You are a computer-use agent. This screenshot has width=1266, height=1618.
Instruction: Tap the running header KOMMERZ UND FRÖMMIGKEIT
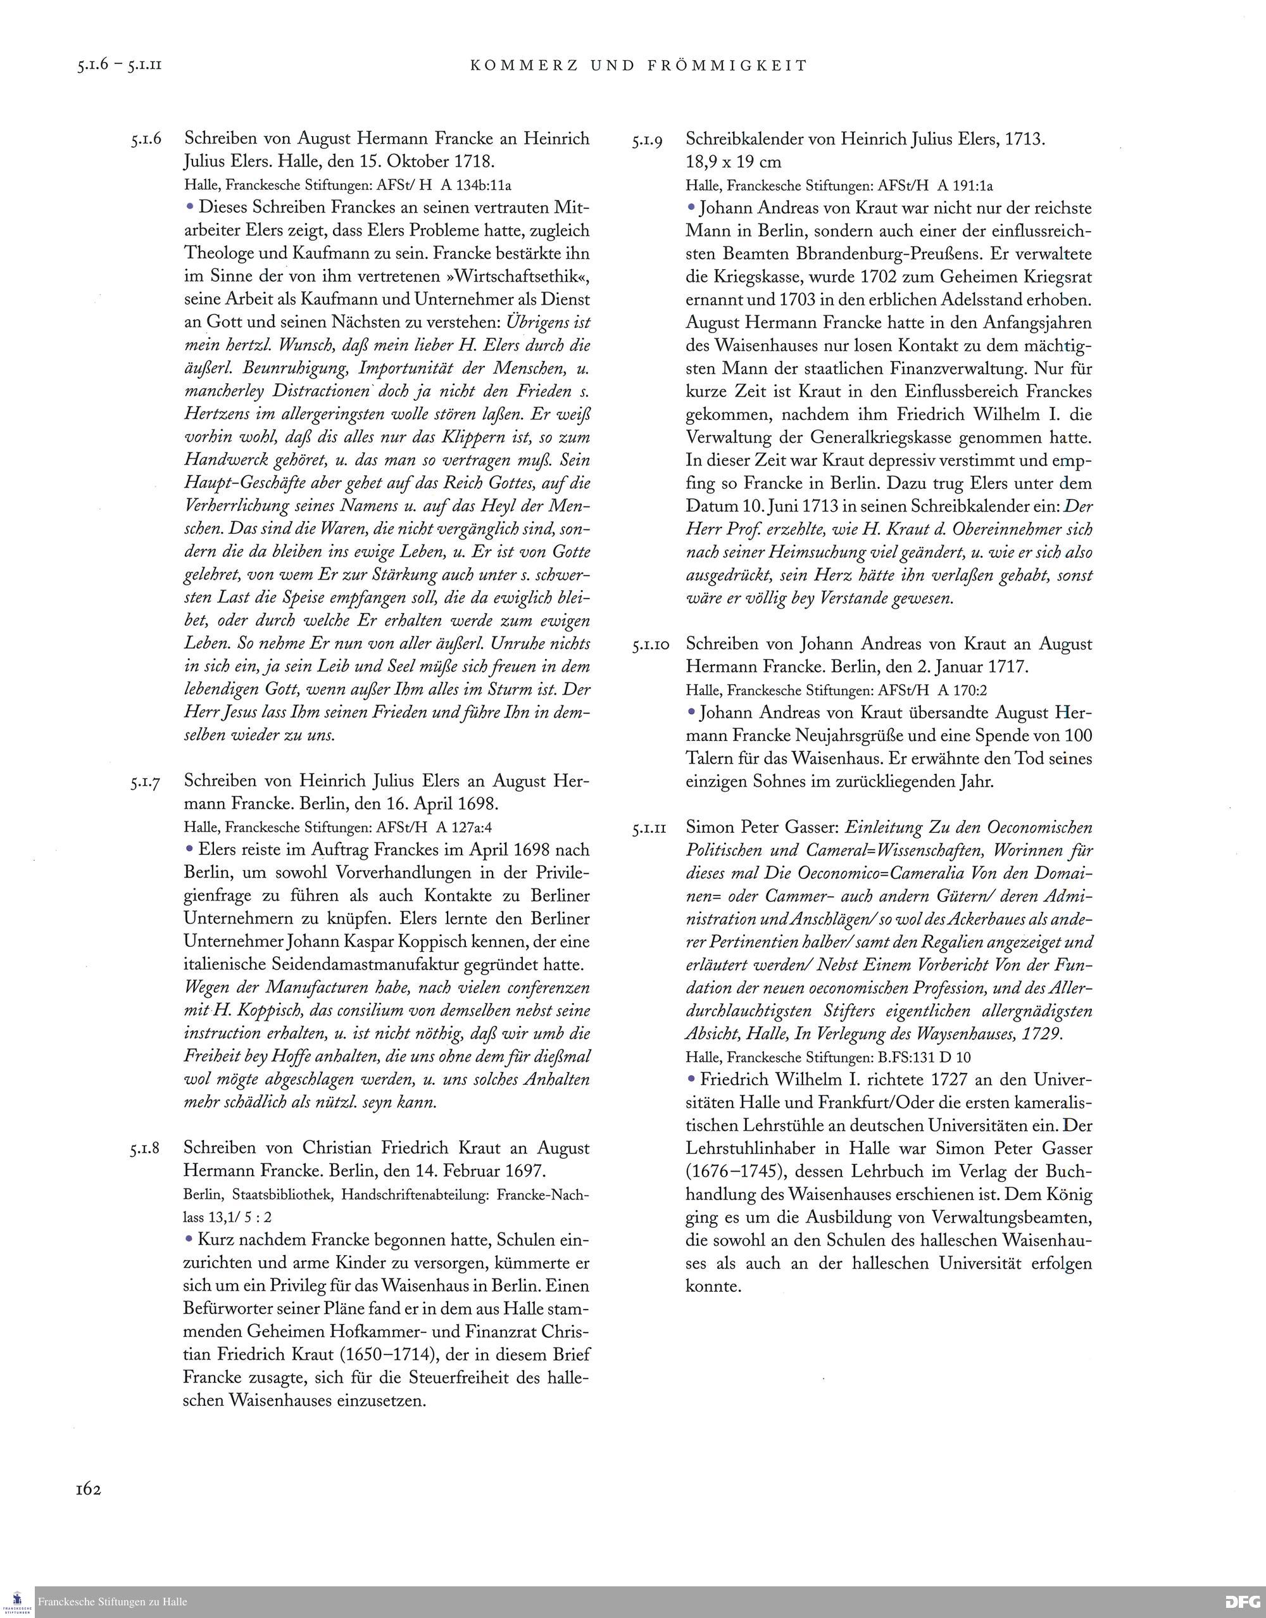[638, 65]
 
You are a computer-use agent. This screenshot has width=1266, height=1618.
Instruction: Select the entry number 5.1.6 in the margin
[147, 139]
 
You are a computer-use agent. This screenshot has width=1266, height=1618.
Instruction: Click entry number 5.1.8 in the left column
[147, 1149]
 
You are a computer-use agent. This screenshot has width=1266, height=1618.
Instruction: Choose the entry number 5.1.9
[647, 139]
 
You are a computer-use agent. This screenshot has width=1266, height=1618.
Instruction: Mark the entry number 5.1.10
[650, 645]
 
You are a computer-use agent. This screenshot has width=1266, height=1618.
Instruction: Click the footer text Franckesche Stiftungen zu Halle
[113, 1602]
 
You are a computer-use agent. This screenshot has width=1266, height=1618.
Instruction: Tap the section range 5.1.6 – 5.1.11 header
[118, 65]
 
